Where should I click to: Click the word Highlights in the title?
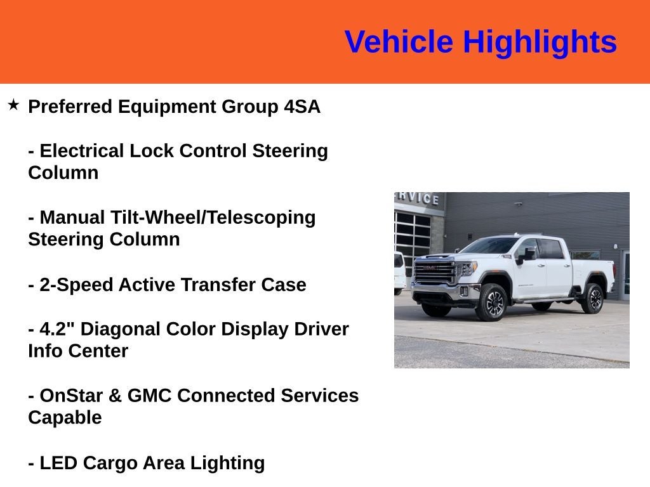540,42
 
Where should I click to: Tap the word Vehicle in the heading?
399,42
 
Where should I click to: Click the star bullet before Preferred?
13,105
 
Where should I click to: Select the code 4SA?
302,107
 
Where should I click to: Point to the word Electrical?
82,151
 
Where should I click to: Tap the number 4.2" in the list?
57,329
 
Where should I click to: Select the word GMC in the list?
150,396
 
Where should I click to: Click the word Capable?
65,418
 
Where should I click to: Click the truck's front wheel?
493,302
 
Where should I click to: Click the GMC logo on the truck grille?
432,268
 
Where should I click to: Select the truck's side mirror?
527,255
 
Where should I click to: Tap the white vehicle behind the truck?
399,271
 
